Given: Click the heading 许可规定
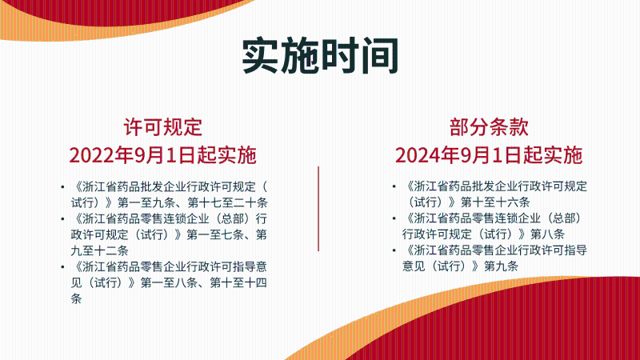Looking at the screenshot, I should [162, 126].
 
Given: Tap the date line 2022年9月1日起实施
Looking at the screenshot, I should [162, 154].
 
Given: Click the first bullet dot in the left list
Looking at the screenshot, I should [62, 186].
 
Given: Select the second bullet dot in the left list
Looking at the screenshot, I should [62, 218].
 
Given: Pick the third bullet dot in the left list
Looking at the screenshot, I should [62, 266].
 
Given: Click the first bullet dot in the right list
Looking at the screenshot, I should [394, 186].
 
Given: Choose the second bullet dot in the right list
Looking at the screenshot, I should [394, 218].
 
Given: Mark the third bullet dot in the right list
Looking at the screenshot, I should [394, 250].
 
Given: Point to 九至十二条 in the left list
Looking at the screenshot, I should [94, 250].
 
